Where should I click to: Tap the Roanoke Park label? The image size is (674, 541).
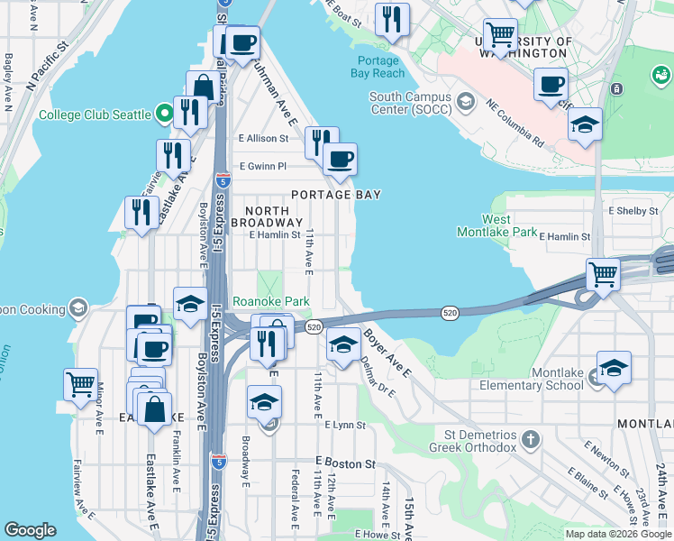point(271,302)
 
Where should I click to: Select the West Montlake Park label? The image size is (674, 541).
point(509,225)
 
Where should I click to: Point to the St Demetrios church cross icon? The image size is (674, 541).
point(532,440)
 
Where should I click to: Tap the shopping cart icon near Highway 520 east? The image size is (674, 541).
point(602,272)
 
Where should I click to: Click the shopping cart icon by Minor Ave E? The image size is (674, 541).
point(80,383)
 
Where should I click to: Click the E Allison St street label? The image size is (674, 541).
point(263,139)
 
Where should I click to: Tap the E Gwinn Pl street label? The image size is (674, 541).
point(262,166)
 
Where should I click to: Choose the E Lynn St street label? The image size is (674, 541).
point(343,425)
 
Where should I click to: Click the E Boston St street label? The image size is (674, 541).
point(345,463)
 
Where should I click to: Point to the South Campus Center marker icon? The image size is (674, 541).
point(466,98)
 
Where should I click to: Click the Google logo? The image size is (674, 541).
point(30,530)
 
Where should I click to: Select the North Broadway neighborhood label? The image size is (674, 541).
point(267,215)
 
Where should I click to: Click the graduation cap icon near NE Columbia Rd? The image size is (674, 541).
point(585,125)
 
